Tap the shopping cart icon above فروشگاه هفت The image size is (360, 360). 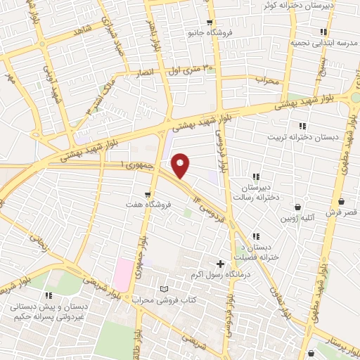(x=147, y=194)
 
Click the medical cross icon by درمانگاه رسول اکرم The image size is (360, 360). (x=221, y=264)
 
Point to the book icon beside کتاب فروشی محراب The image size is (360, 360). (x=165, y=289)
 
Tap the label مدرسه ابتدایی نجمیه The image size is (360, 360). (x=324, y=43)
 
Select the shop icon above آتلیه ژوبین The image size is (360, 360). (x=299, y=207)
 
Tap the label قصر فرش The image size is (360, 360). (x=342, y=211)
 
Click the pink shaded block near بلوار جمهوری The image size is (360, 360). (x=122, y=274)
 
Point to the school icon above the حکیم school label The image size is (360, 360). (x=48, y=295)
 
